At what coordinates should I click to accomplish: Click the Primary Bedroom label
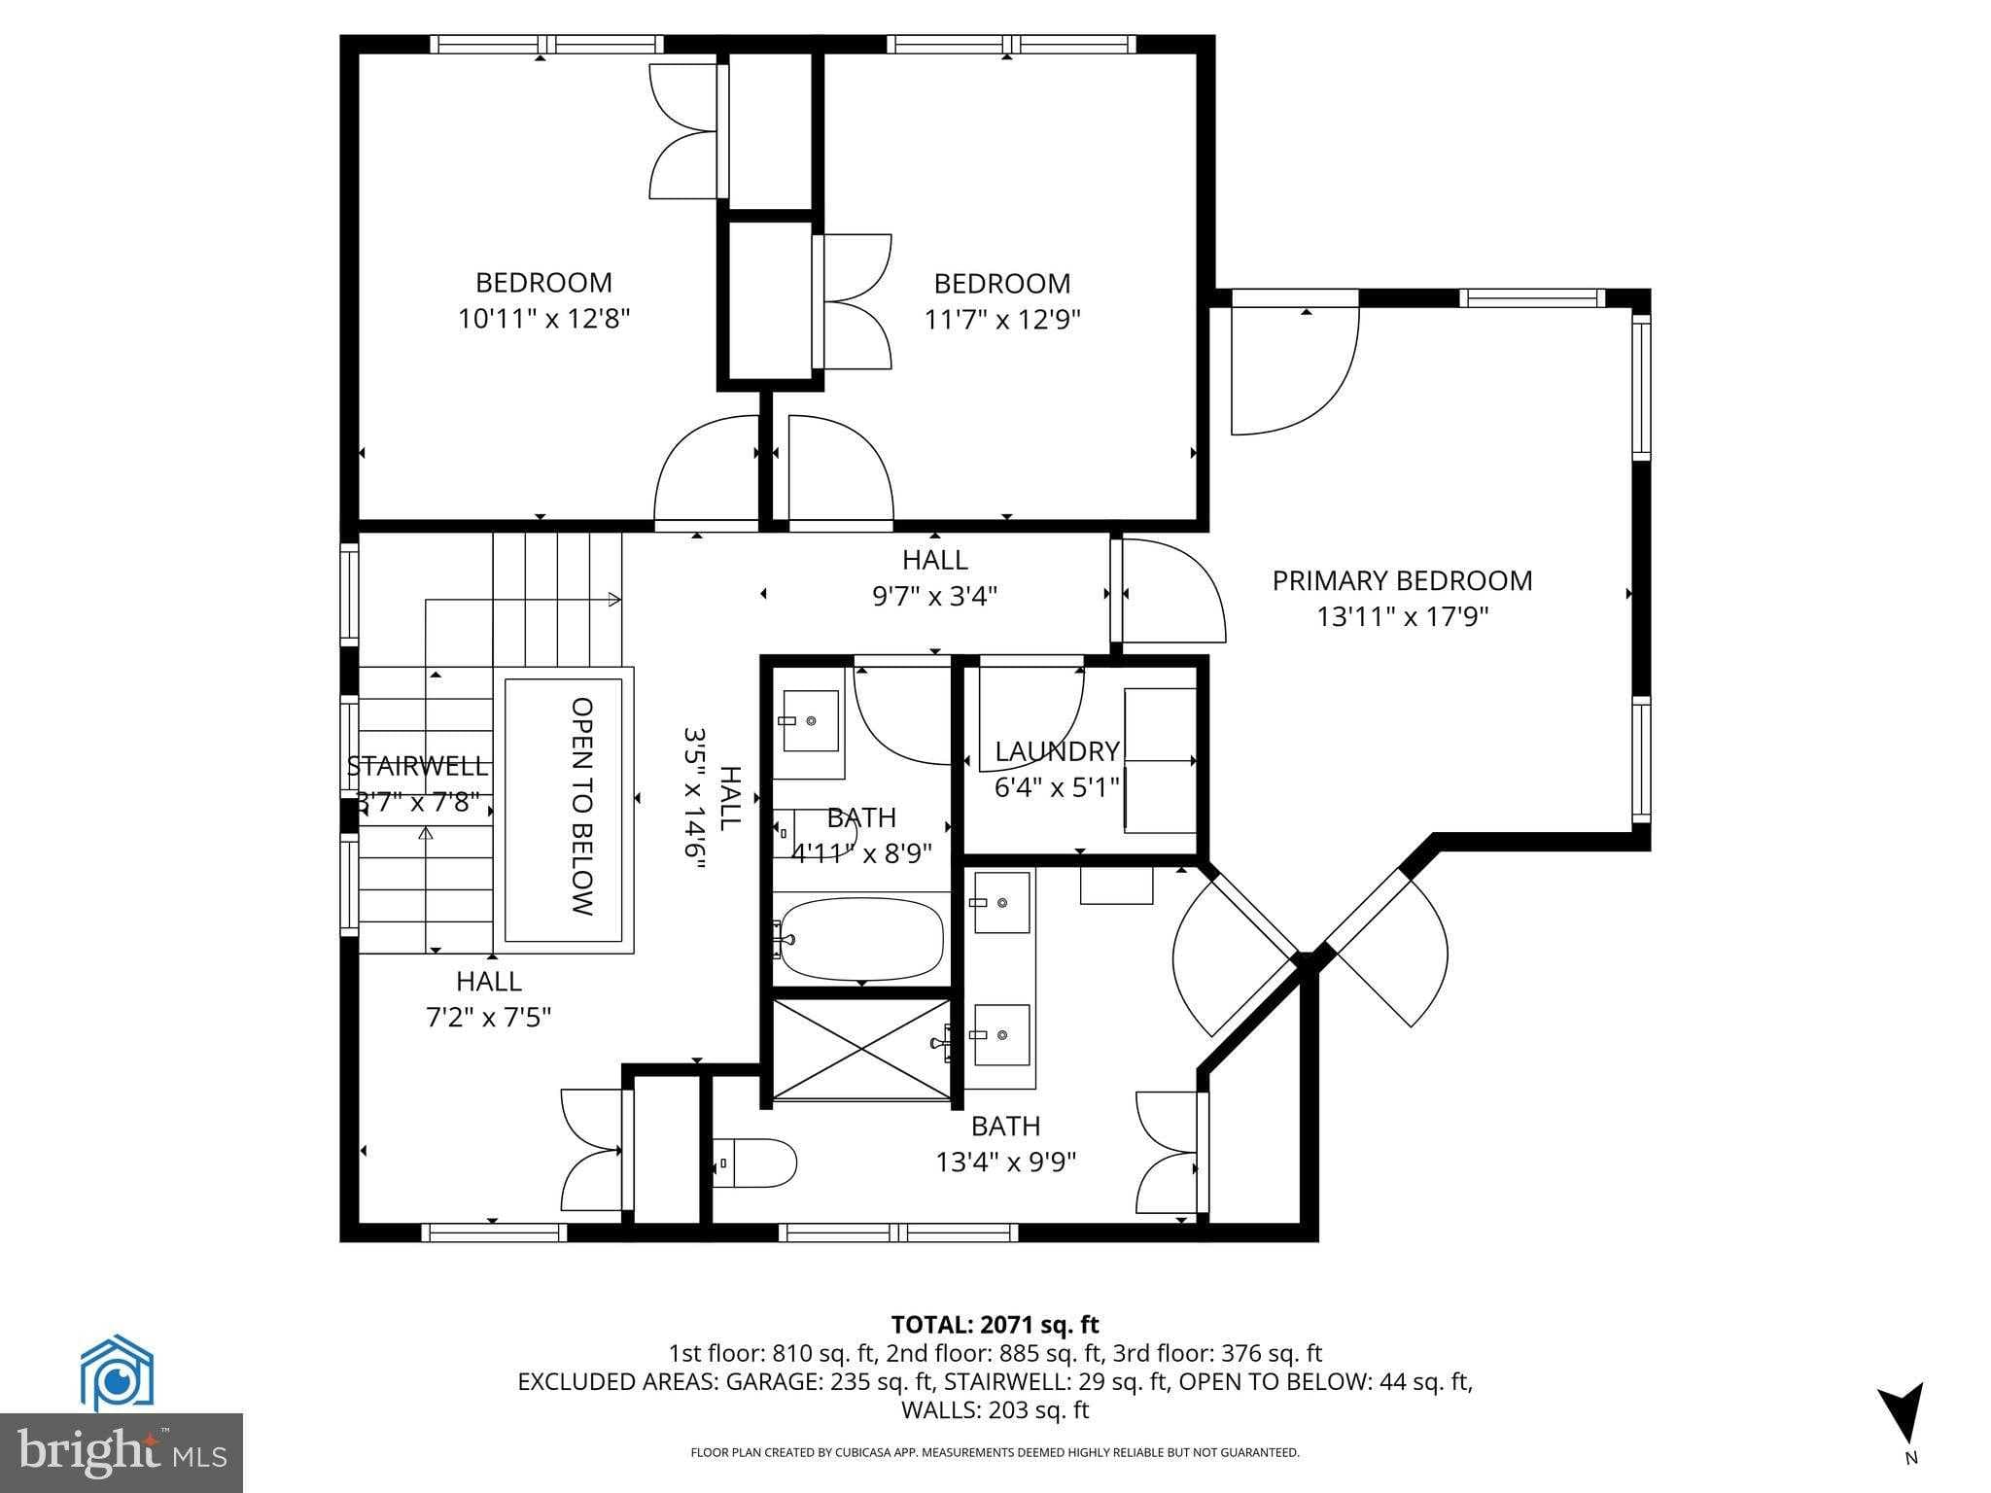1402,580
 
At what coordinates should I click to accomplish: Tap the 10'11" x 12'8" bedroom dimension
544,319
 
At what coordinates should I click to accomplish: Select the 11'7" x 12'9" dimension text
1002,319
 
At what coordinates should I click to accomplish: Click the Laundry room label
1057,751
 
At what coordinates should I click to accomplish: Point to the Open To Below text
581,806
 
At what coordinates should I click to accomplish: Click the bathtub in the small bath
861,939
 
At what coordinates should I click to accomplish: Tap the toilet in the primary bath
757,1163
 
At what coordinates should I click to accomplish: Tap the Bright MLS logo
122,1452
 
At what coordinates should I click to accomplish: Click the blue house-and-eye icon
117,1373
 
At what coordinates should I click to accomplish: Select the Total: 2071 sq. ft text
995,1324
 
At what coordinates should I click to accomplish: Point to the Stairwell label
418,766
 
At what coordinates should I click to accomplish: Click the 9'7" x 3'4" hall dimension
934,596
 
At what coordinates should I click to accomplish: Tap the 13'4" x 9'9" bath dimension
1005,1163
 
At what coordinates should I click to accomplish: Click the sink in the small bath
810,721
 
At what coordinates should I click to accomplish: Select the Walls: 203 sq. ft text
995,1409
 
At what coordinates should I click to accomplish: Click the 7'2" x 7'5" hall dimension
489,1017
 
